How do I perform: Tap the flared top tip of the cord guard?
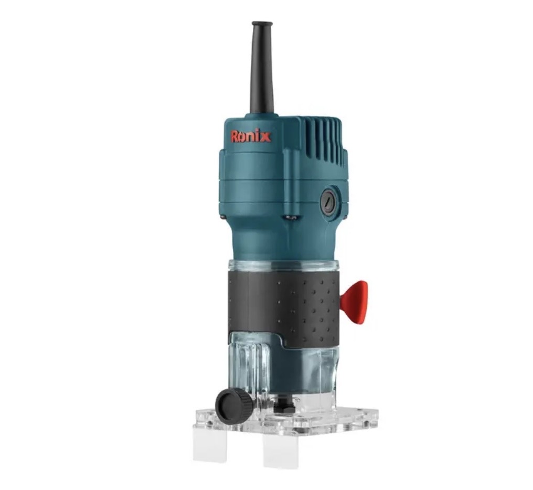click(x=262, y=24)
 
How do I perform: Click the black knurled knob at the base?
click(x=234, y=406)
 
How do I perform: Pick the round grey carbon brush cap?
click(x=328, y=201)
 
